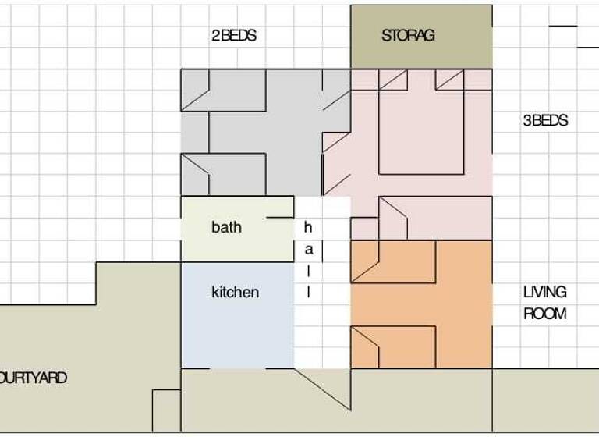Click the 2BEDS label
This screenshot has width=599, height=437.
coord(233,36)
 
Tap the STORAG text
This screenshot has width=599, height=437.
coord(408,36)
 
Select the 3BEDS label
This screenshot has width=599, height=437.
coord(545,121)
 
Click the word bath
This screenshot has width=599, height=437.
coord(226,227)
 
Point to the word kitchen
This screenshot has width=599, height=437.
coord(235,293)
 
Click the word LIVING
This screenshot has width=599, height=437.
coord(545,293)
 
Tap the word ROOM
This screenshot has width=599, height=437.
coord(544,314)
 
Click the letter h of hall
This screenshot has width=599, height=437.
coord(308,228)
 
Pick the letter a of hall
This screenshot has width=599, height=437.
coord(308,250)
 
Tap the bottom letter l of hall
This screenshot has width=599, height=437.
coord(308,293)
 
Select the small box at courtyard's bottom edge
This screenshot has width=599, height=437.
coord(166,409)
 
